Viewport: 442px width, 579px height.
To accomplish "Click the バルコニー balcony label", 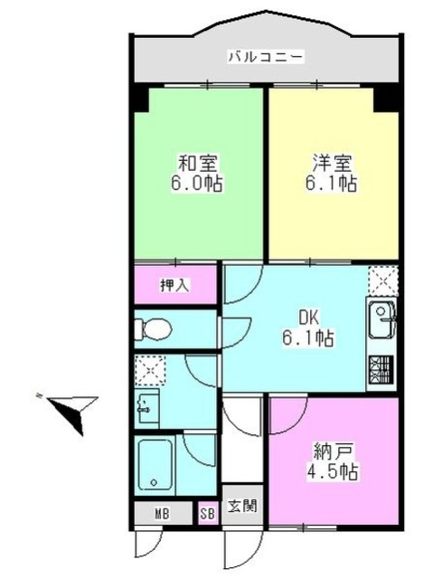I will [266, 57].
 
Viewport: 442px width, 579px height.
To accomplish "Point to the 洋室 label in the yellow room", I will [332, 165].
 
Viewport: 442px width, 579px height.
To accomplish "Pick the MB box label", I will [161, 514].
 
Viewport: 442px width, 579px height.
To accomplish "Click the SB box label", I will [208, 514].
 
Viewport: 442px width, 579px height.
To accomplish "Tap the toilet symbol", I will [154, 327].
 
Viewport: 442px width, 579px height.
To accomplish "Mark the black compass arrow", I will [72, 413].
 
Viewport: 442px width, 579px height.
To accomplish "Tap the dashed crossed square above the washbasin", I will [146, 369].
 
